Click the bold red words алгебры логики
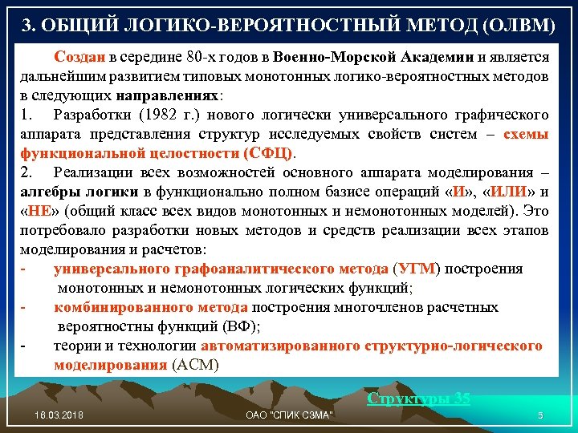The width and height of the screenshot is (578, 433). [x=80, y=192]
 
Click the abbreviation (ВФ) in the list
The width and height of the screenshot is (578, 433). [x=240, y=326]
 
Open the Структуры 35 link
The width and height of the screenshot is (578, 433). [x=418, y=398]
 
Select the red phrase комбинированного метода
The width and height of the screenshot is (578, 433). [x=151, y=307]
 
